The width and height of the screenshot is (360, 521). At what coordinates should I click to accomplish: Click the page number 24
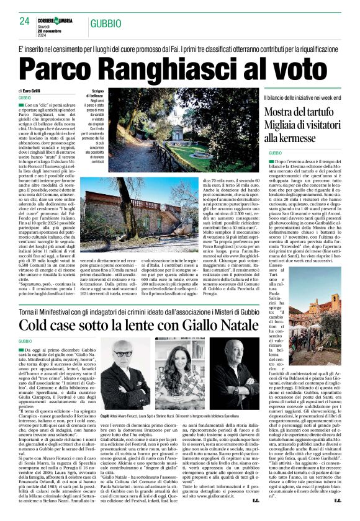24,21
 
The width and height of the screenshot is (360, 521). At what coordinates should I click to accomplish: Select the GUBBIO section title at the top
106,23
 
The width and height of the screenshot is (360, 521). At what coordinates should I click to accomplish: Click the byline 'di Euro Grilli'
30,91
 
